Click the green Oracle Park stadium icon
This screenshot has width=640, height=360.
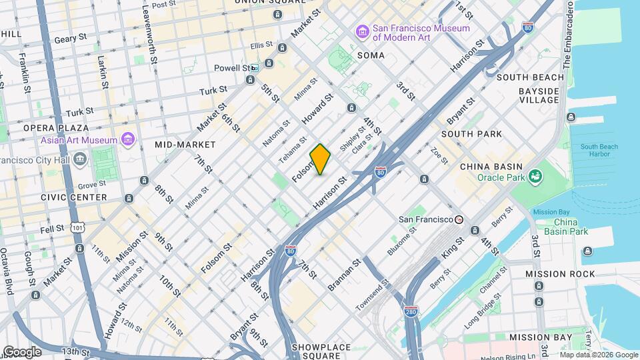[534, 177]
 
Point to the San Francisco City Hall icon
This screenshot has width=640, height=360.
[80, 160]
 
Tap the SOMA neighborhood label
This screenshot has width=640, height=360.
[371, 55]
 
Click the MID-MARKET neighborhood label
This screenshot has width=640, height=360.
[185, 145]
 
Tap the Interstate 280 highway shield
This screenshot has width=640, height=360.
[411, 311]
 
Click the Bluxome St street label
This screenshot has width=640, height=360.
[402, 241]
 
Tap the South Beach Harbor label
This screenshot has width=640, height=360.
[599, 151]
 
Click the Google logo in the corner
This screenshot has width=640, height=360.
[21, 351]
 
